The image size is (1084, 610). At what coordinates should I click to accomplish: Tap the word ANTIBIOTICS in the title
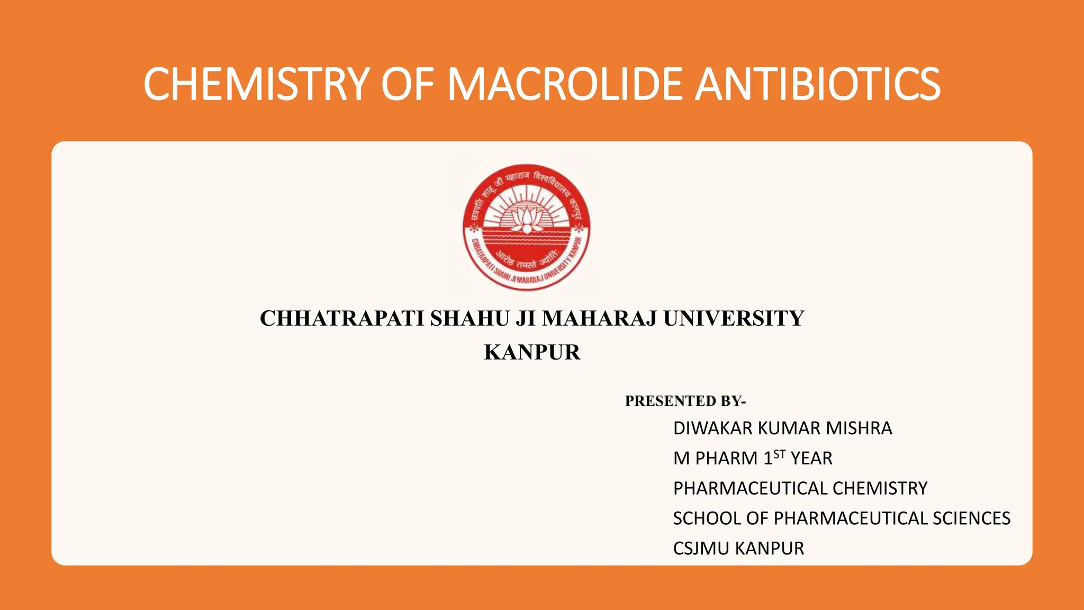[x=817, y=85]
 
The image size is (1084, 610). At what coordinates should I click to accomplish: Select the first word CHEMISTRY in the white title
[x=256, y=85]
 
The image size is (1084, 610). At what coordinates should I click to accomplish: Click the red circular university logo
[x=526, y=228]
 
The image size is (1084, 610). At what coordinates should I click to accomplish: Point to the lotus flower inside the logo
[x=526, y=219]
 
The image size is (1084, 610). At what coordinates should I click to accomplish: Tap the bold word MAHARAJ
[x=599, y=319]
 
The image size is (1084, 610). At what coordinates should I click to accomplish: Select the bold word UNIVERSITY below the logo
[x=734, y=319]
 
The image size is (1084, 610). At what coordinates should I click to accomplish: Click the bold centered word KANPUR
[x=532, y=353]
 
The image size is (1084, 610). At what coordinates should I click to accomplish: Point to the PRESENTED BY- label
[x=685, y=401]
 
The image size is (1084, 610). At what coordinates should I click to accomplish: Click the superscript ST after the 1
[x=779, y=454]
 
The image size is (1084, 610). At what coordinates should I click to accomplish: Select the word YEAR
[x=811, y=459]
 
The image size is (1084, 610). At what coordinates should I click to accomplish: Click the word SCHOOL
[x=707, y=518]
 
